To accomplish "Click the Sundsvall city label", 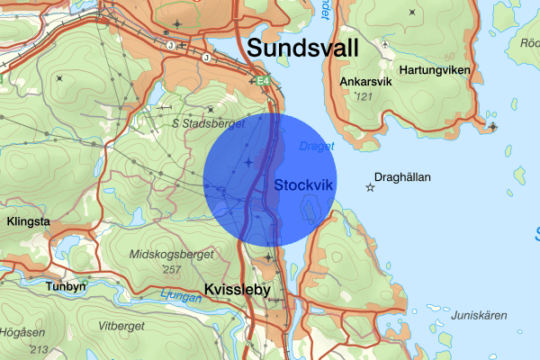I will [x=301, y=48].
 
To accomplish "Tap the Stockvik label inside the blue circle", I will [x=303, y=184].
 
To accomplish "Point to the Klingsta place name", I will [x=27, y=220].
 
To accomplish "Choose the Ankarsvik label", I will [x=366, y=82].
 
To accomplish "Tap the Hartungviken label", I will [x=435, y=69].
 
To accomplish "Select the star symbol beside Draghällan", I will [x=370, y=187].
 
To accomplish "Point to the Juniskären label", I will [x=480, y=315].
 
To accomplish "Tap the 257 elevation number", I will [x=170, y=269].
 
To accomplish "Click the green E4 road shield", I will [x=263, y=82].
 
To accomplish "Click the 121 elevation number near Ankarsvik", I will [x=364, y=95].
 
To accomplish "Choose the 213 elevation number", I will [x=38, y=348].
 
